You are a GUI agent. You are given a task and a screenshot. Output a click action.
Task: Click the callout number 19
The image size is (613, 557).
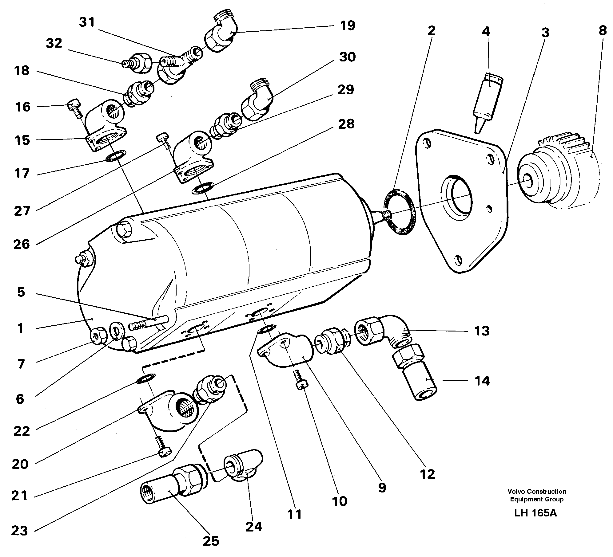(348, 25)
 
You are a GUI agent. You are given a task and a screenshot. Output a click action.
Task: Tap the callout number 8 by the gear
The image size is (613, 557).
(602, 31)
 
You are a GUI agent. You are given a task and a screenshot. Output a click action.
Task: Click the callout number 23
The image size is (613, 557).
(20, 531)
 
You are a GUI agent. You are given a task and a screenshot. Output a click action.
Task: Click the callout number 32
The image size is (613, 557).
(54, 44)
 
